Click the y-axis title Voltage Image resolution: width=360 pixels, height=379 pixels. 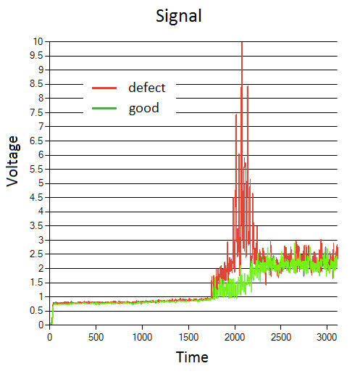pos(13,161)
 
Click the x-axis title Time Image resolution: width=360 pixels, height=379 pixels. pos(193,357)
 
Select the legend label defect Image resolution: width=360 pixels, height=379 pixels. pos(146,88)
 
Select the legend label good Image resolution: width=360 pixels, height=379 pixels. pos(143,109)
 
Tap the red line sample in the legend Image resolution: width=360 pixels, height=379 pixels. pos(105,88)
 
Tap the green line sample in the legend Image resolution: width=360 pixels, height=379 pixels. pos(105,109)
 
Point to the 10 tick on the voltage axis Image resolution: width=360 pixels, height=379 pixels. pos(38,41)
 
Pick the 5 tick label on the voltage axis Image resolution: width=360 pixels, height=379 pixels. pos(41,183)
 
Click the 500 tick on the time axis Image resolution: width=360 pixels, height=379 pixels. pos(96,338)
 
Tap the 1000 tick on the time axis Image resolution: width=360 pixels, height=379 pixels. pos(142,338)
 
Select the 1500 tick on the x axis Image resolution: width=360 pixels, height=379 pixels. pos(188,338)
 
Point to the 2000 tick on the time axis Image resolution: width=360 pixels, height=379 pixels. pos(235,338)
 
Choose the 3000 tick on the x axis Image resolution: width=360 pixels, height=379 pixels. pos(327,338)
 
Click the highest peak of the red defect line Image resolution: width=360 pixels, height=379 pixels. pos(241,43)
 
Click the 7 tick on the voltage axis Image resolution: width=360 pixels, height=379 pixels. pos(41,126)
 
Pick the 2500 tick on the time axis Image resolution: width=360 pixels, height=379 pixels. pos(281,338)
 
